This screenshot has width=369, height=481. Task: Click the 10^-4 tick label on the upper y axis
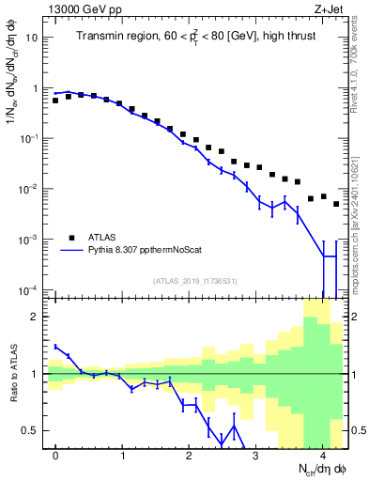pos(30,289)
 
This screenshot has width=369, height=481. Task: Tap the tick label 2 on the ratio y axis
pos(37,317)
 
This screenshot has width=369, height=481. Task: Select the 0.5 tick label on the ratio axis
pos(32,430)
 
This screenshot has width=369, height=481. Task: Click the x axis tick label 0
pos(56,455)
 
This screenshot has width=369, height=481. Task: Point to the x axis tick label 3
pos(256,455)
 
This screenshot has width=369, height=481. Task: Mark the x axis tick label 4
pos(323,455)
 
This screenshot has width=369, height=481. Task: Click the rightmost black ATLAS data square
pos(336,203)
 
